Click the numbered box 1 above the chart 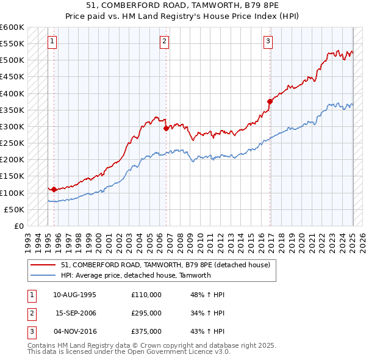52,41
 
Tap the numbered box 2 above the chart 165,41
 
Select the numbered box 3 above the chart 268,41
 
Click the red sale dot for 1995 54,189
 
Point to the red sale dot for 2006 166,128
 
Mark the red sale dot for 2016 269,101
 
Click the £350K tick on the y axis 12,110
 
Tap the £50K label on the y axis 14,209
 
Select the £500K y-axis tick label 12,60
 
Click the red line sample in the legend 43,264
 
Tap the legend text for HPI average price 135,275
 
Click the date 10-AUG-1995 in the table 75,295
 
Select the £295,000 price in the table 146,313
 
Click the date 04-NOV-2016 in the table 75,331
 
